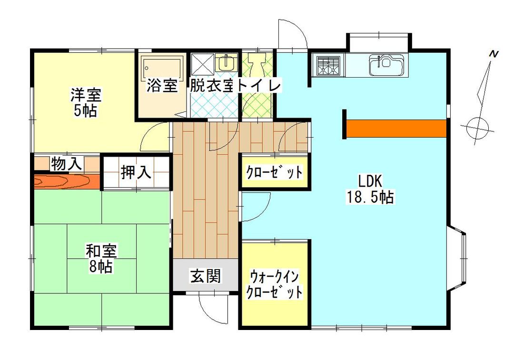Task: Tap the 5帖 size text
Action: tap(86, 111)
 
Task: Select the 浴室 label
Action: tap(162, 86)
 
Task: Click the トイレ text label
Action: tap(260, 86)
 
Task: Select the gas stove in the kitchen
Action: tap(328, 66)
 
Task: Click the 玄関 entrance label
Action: tap(206, 276)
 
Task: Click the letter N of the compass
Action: tap(494, 54)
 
